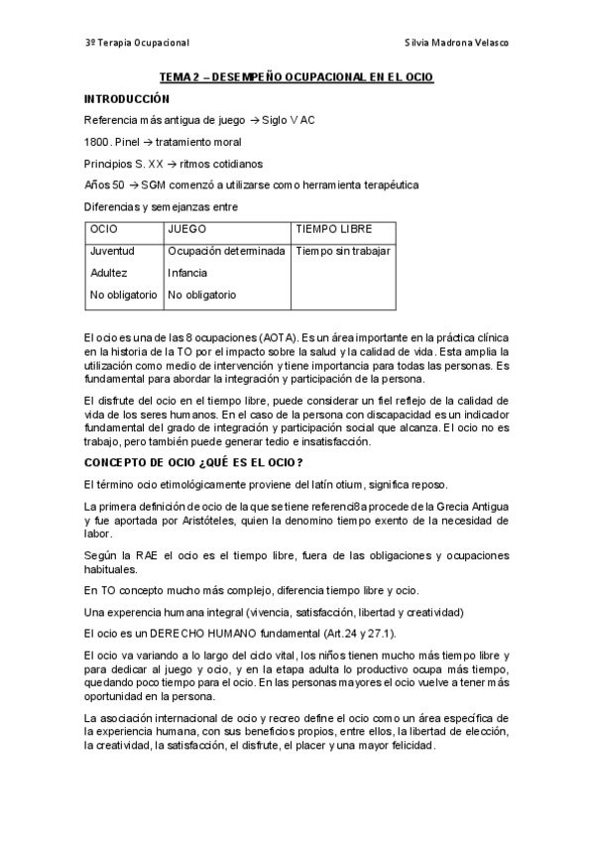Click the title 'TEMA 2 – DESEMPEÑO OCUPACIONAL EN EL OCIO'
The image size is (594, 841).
coord(297,76)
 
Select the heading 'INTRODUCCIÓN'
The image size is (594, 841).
coord(127,98)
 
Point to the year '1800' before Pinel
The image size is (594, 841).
coord(96,142)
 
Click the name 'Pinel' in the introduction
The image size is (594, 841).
coord(128,142)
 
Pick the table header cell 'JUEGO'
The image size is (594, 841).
coord(187,229)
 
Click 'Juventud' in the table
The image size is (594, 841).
coord(112,251)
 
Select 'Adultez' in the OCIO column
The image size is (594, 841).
coord(108,273)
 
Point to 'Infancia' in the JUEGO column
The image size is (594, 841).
coord(187,273)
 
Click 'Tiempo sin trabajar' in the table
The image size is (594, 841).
coord(343,251)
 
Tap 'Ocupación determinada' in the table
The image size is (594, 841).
coord(226,251)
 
